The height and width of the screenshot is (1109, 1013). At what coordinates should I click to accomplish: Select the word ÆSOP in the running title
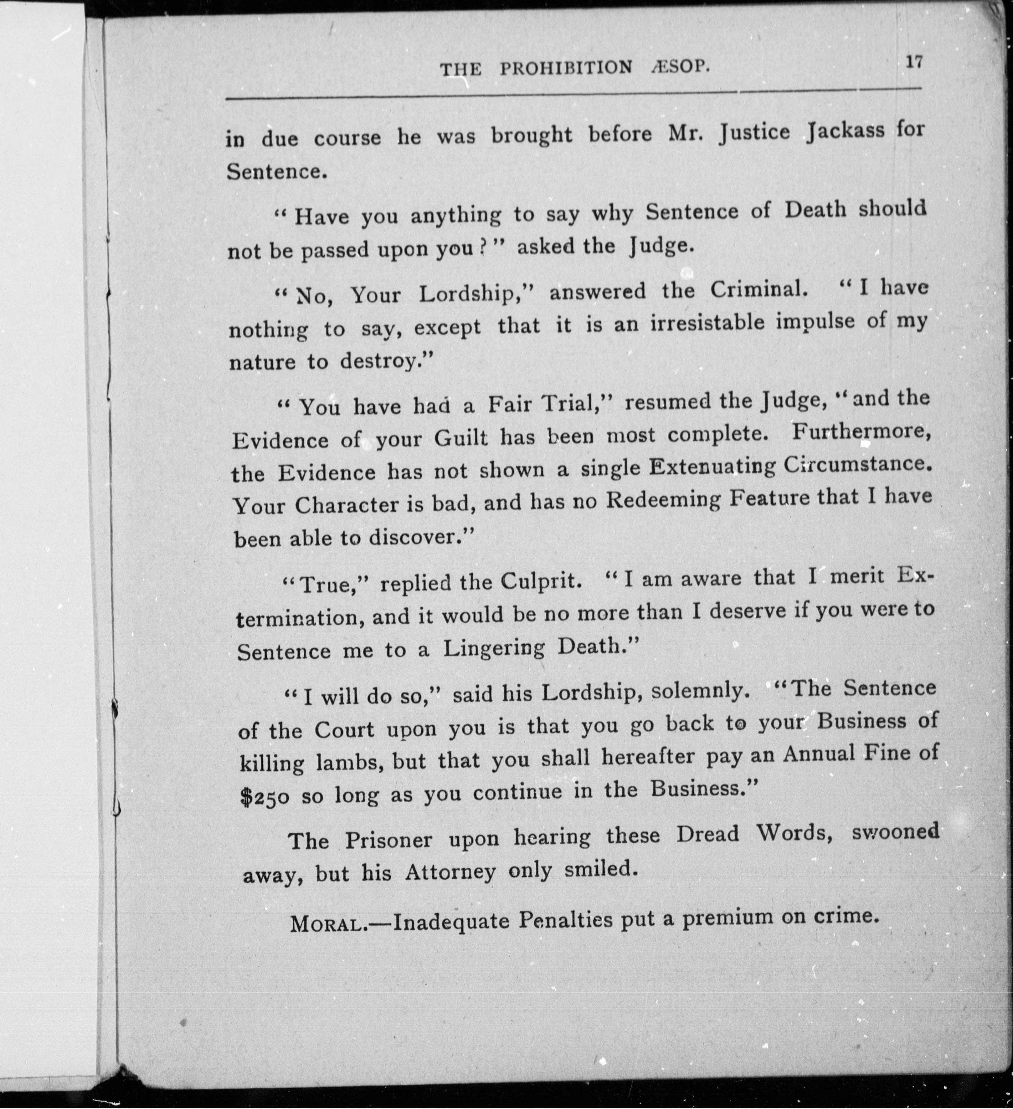680,67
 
